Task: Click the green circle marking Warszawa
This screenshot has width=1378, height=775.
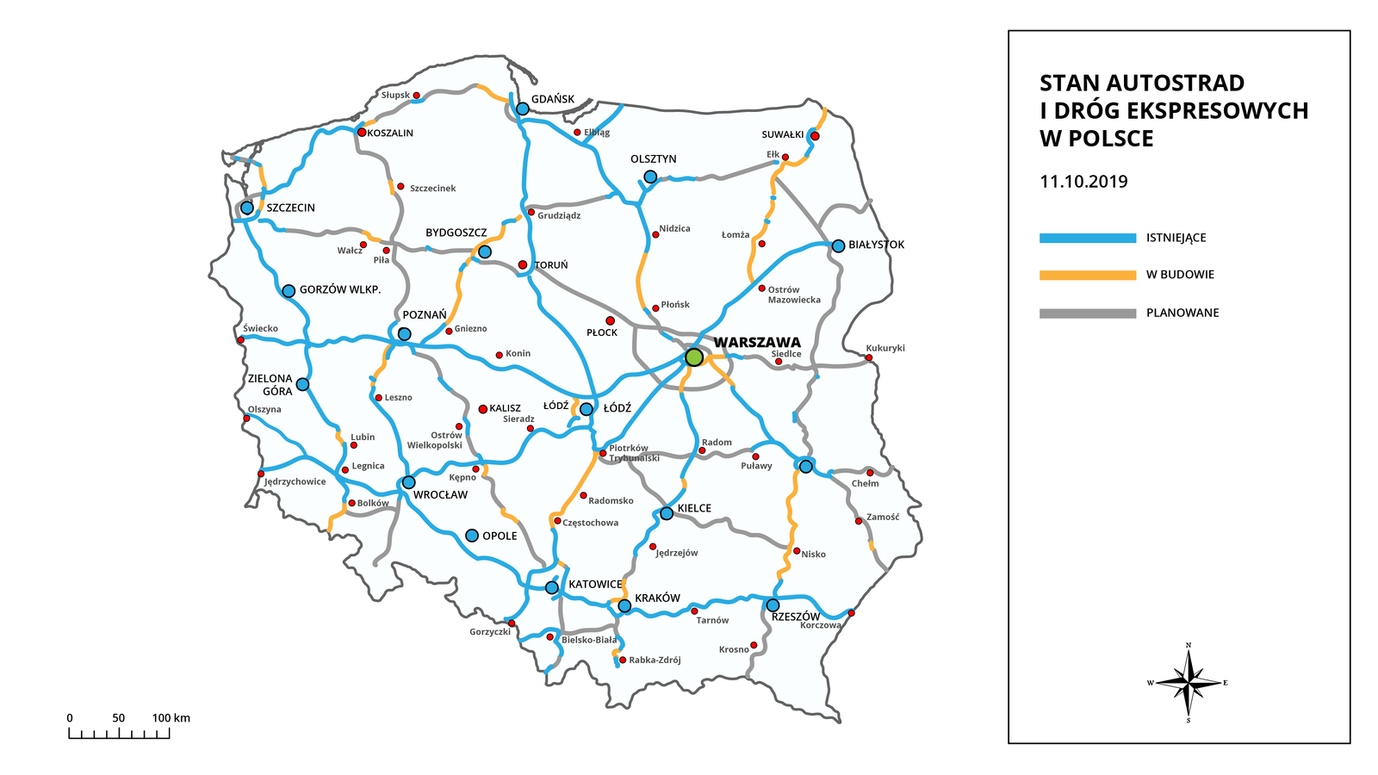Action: [694, 356]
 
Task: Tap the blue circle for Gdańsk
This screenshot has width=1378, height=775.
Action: [523, 109]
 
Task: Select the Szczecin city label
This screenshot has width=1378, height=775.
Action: [290, 208]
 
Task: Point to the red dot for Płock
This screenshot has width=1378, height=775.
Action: [610, 321]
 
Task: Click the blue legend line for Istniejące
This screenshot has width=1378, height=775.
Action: [1087, 238]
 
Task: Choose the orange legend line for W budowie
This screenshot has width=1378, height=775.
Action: [1087, 275]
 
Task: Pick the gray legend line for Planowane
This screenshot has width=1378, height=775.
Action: [1087, 313]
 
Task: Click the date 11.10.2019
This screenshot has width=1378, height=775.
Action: [1083, 182]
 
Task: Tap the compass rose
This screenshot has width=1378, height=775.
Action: [1189, 683]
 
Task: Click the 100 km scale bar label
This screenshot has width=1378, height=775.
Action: [171, 718]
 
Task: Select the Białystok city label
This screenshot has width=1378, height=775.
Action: [876, 245]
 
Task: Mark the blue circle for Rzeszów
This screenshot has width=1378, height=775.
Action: [773, 605]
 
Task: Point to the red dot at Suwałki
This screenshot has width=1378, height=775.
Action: [815, 136]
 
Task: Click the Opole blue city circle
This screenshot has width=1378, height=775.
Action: [472, 536]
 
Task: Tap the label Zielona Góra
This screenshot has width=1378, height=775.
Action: [270, 385]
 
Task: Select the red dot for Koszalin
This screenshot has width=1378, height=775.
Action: [362, 133]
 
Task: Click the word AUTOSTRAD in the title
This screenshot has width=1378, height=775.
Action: [1175, 84]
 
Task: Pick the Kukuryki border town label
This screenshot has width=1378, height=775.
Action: [885, 348]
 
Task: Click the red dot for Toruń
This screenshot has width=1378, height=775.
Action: [523, 265]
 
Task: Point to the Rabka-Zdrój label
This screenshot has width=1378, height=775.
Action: [655, 660]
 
